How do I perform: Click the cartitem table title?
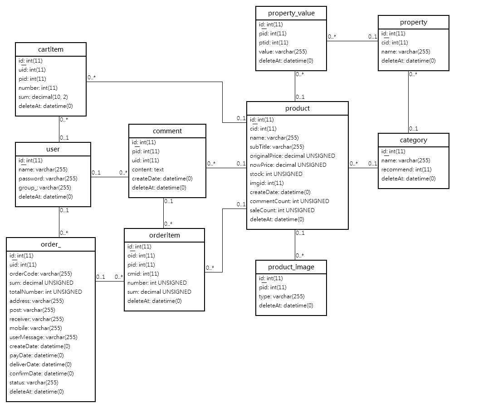click(x=51, y=49)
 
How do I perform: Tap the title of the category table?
click(x=413, y=140)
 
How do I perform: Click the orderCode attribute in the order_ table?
click(x=41, y=274)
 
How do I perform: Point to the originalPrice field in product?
click(x=293, y=156)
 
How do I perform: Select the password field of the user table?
click(x=48, y=179)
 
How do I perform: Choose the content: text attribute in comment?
click(x=148, y=170)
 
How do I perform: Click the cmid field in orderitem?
click(x=143, y=274)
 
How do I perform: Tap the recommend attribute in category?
click(x=406, y=170)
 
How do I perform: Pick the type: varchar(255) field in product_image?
click(x=282, y=296)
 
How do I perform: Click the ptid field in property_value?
click(x=273, y=43)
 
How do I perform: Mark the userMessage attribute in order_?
click(x=44, y=337)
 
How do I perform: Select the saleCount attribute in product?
click(x=282, y=210)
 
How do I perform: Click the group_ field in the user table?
click(x=44, y=188)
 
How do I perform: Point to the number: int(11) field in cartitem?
click(x=38, y=88)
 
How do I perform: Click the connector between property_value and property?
click(x=352, y=41)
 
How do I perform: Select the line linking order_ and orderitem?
click(x=110, y=281)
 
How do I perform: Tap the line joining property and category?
click(x=409, y=102)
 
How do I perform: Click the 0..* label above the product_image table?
click(x=300, y=255)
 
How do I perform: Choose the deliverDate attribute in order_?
click(x=40, y=364)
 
